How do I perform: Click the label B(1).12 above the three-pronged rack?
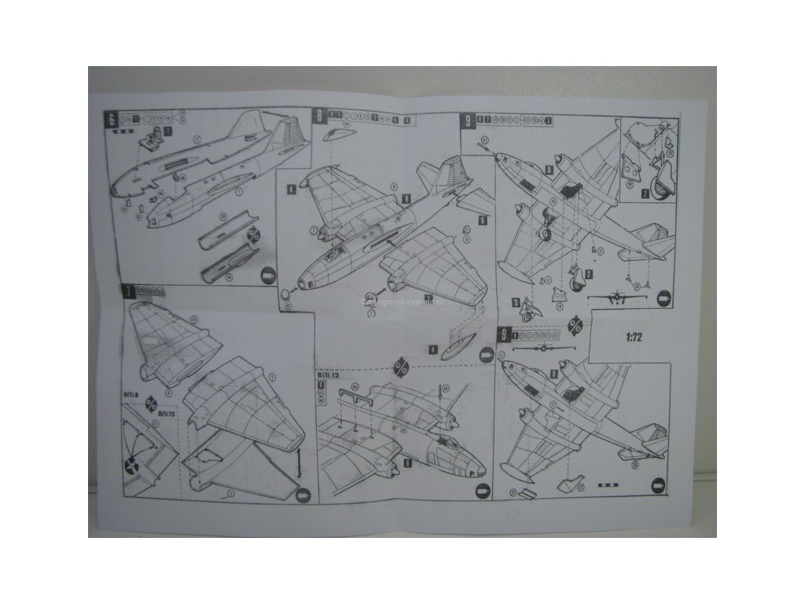pos(328,377)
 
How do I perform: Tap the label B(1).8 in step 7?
pos(130,391)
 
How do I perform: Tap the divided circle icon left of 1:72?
pos(576,325)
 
